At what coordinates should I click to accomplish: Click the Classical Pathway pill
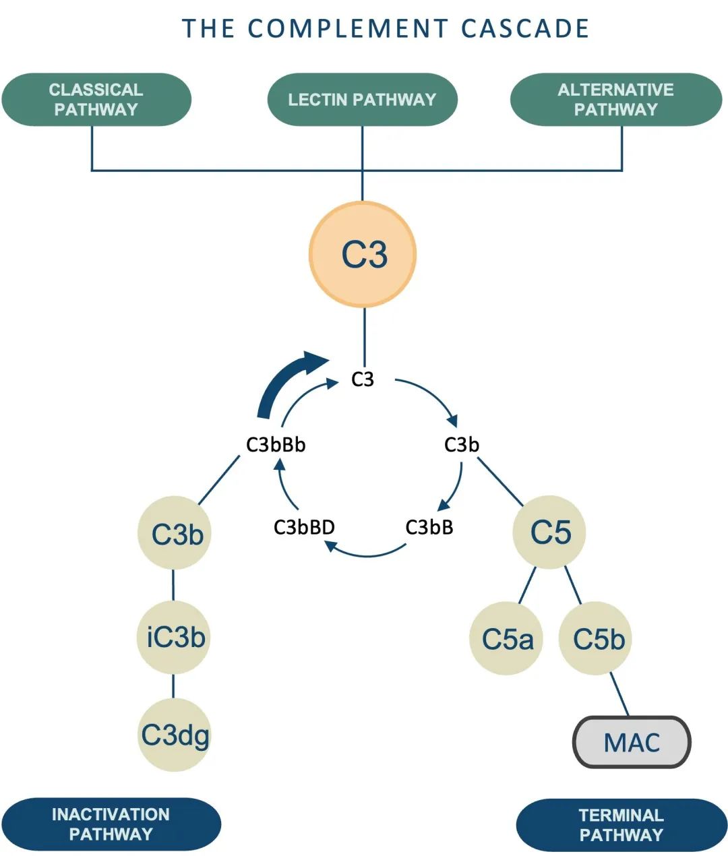point(96,100)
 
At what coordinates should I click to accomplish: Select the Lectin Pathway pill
point(363,100)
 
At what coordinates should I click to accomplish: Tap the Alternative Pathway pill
point(615,100)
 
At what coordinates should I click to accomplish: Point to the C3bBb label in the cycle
point(276,445)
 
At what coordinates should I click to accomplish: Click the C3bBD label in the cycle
point(304,527)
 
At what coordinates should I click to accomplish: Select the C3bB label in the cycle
point(429,527)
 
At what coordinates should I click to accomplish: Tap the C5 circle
point(549,532)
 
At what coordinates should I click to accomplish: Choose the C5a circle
point(506,639)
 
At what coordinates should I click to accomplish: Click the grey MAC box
point(632,742)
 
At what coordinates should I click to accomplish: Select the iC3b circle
point(175,637)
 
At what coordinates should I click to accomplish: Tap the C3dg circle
point(175,735)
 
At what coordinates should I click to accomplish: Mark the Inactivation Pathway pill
point(111,824)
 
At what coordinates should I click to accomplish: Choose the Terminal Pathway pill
point(621,824)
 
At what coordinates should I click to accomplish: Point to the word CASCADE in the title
point(525,28)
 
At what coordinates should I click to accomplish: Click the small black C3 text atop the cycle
point(363,379)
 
